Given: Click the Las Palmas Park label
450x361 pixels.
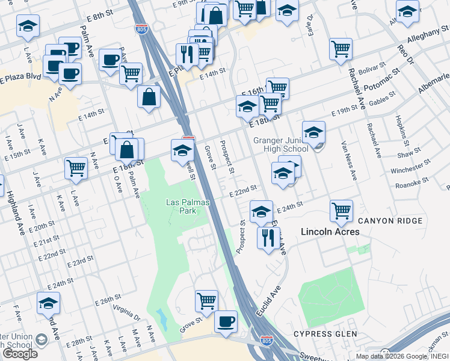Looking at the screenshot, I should coord(188,206).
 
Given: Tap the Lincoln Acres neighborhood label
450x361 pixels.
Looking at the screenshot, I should coord(330,232).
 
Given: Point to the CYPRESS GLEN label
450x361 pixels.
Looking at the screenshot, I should coord(325,333).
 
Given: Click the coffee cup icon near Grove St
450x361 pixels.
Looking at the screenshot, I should coord(226,321).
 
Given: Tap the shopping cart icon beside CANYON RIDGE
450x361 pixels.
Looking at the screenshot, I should coord(341,211).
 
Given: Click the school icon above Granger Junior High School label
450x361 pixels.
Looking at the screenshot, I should coord(313,132).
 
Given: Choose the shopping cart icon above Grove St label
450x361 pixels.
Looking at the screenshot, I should coord(206,300).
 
